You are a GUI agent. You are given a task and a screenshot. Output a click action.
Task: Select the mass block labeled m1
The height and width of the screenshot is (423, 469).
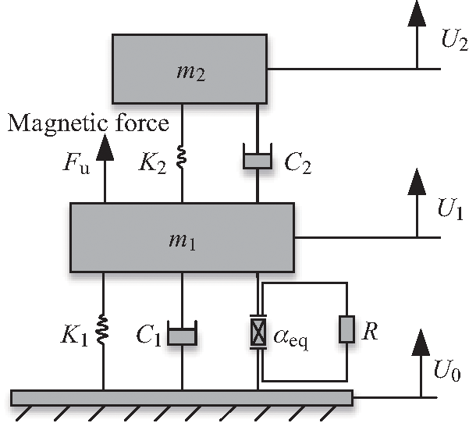(x=182, y=237)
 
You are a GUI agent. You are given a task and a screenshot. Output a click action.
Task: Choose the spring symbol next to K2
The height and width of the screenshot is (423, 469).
(x=182, y=160)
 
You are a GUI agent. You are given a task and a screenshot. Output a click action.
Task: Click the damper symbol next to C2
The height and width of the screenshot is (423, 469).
(x=258, y=159)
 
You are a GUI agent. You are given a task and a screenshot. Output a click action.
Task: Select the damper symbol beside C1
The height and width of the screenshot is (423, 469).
(x=182, y=336)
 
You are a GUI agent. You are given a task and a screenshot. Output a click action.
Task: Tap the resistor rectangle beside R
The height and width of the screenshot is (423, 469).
(x=346, y=329)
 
